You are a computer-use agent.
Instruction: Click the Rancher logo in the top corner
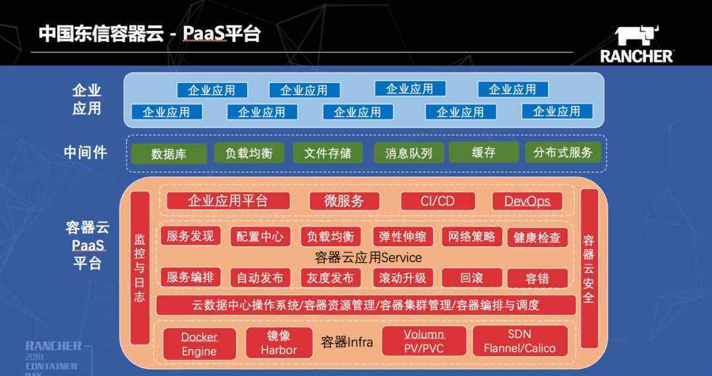[x=636, y=44]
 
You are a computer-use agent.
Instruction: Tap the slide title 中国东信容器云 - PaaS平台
[x=150, y=34]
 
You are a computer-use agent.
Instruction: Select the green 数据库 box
[x=169, y=153]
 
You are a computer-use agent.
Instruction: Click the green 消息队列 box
[x=409, y=153]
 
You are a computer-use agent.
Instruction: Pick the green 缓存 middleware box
[x=484, y=152]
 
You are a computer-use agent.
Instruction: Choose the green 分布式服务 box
[x=563, y=152]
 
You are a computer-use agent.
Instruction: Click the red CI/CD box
[x=438, y=201]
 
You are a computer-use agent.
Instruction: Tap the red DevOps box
[x=527, y=201]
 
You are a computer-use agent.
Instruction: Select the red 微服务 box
[x=343, y=201]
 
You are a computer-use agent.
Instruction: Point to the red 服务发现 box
[x=191, y=236]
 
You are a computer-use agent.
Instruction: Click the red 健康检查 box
[x=537, y=237]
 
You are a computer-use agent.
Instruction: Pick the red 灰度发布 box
[x=330, y=278]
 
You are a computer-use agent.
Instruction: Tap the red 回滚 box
[x=472, y=278]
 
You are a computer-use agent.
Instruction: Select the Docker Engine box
[x=199, y=344]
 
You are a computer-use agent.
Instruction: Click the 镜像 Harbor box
[x=279, y=342]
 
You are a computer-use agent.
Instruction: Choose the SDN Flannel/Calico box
[x=520, y=341]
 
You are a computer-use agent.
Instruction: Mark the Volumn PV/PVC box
[x=424, y=341]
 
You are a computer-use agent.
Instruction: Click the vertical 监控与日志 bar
[x=140, y=267]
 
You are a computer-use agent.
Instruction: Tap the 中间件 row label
[x=86, y=152]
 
